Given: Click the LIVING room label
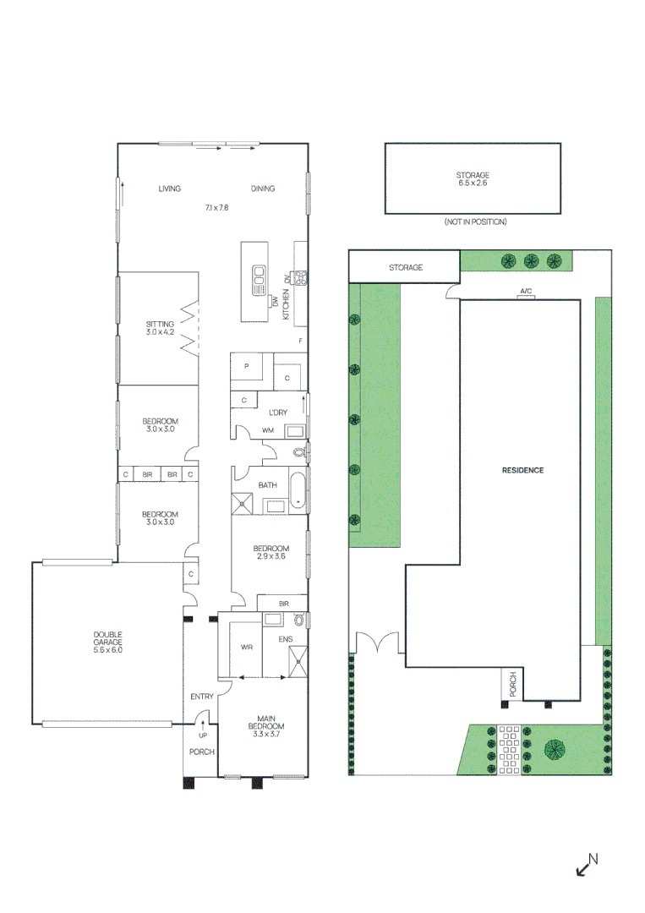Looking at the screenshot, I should coord(169,189).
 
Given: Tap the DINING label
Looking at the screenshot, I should coord(263,189).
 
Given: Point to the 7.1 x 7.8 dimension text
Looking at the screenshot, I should coord(216,207).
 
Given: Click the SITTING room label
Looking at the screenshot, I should coord(160,324).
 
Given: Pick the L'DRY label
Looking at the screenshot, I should coord(277,412).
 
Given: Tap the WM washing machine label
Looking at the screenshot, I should coord(268,430).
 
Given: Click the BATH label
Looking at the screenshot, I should coord(268,484).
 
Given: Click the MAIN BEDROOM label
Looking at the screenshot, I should coord(265,726).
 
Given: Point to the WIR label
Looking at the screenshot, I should coord(246,648).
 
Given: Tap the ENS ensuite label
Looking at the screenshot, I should coord(286,639).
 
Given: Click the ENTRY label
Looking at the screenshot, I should coord(202,697).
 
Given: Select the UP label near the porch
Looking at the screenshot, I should coord(202,735).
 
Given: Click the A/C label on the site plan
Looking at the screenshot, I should coord(526,292).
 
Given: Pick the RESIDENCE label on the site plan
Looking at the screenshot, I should coord(522,470).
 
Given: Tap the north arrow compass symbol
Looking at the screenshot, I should coord(586,865).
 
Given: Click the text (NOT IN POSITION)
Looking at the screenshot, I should coord(475,221).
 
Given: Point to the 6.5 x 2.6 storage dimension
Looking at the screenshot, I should coord(473,183).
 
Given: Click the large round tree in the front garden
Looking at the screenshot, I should coord(555,749).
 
